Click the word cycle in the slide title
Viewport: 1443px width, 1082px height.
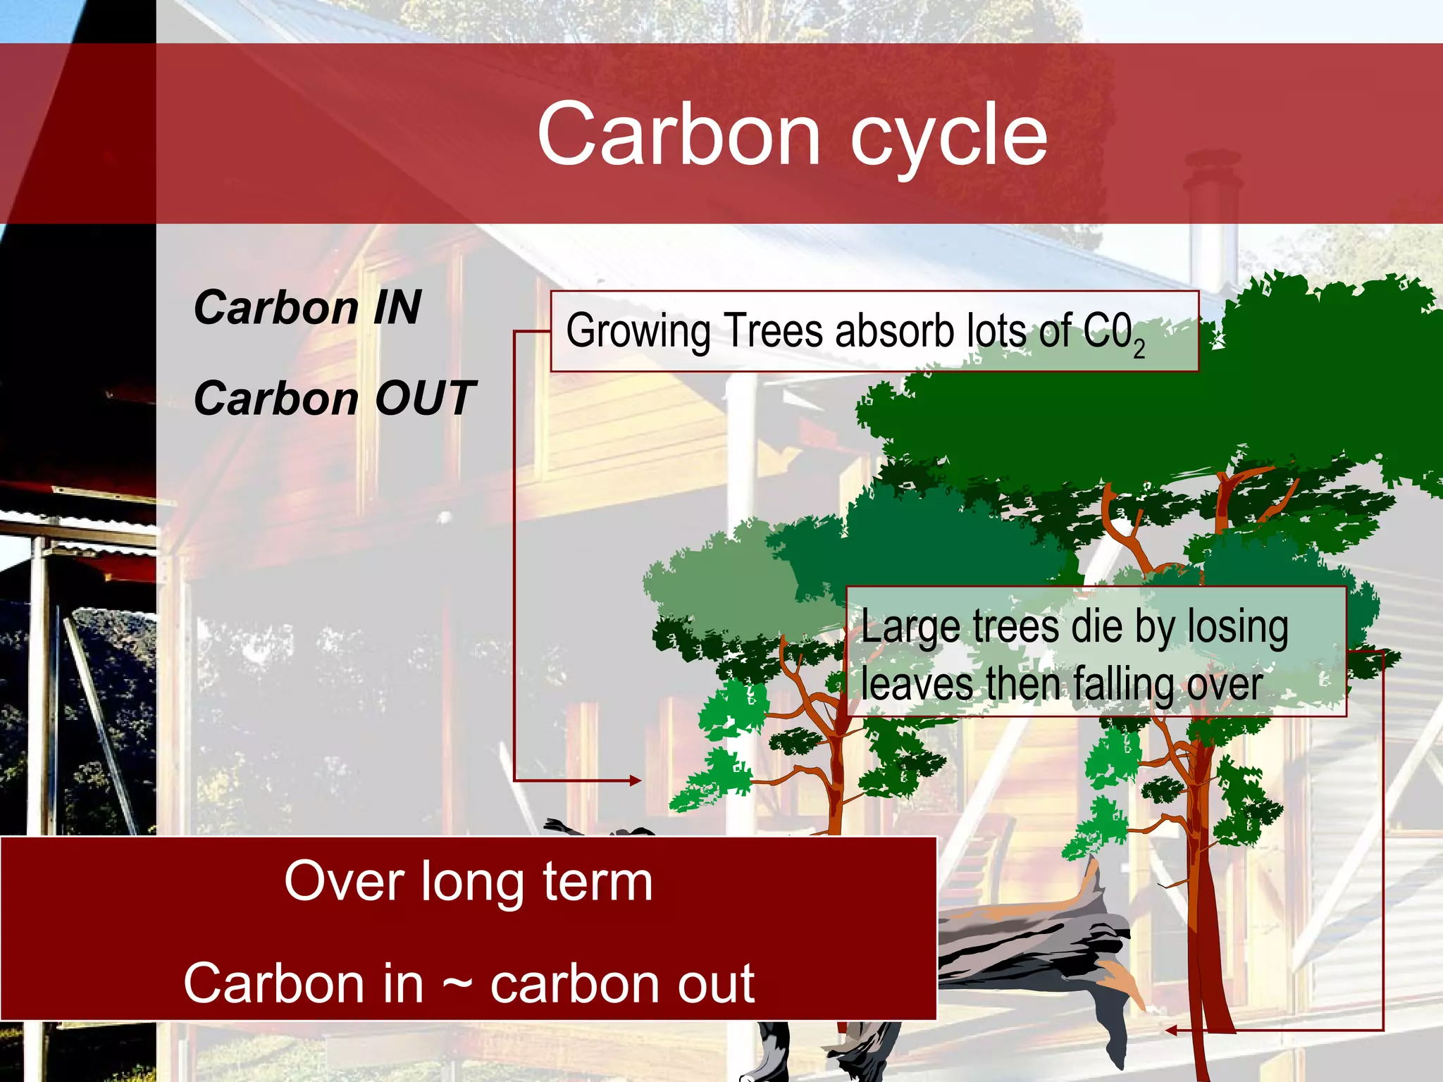[x=949, y=137]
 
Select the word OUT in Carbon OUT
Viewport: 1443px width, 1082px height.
[x=425, y=398]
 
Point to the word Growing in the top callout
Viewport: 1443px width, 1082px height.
[x=638, y=331]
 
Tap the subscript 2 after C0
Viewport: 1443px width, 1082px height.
[x=1139, y=349]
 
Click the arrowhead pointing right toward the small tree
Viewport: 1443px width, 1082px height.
[x=636, y=781]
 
